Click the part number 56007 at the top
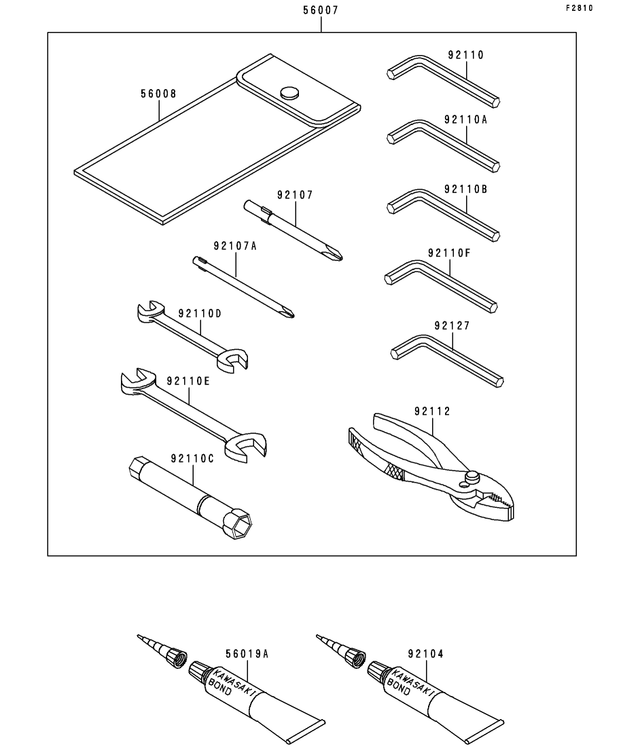click(320, 10)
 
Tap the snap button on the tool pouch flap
click(289, 92)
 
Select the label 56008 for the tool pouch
click(158, 94)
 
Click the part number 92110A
click(465, 120)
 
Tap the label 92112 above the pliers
click(432, 411)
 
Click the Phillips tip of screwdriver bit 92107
click(336, 254)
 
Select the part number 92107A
click(235, 246)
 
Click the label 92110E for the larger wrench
click(188, 381)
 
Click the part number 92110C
click(192, 458)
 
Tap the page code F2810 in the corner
click(580, 8)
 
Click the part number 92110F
click(449, 253)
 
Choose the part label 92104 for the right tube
click(426, 653)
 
